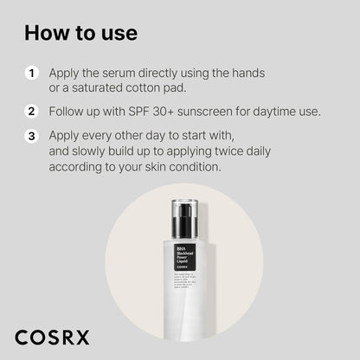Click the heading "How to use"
(x=80, y=33)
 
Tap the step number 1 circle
(x=30, y=74)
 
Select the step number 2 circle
(x=30, y=111)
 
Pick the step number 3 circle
(x=30, y=136)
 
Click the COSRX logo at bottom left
(x=51, y=336)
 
